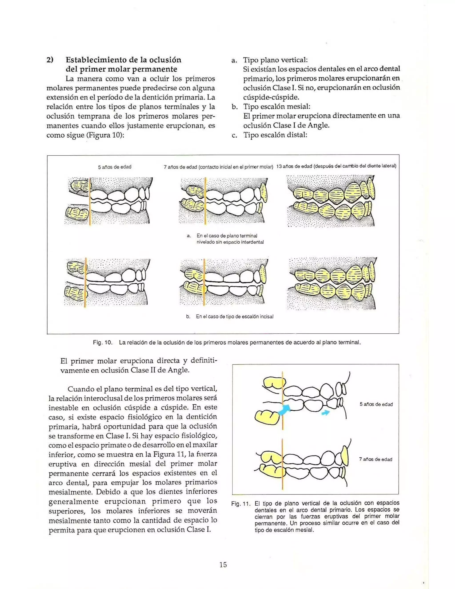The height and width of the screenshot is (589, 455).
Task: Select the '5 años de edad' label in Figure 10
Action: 115,167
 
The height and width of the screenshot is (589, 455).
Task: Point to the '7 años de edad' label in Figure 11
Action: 375,459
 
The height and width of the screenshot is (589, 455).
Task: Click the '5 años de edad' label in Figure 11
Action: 376,404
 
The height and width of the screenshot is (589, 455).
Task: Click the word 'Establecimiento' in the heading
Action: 97,60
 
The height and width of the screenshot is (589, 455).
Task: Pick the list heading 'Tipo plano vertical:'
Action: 275,60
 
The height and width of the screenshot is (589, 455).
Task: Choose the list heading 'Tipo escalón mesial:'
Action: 277,106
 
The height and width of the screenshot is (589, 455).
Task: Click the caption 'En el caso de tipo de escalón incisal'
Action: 235,316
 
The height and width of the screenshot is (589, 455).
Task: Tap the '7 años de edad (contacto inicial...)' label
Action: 218,167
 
